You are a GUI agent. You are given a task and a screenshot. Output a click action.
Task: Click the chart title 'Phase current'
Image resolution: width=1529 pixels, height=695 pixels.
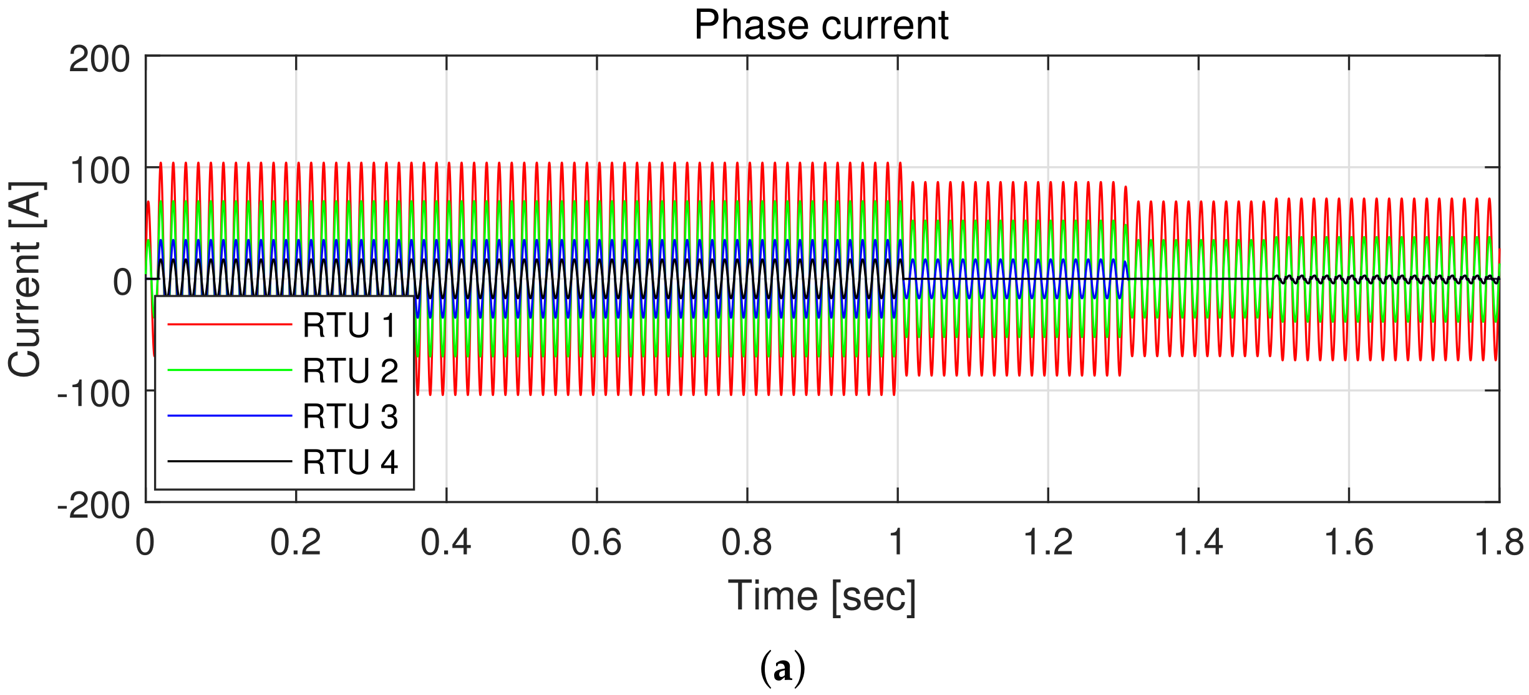[821, 26]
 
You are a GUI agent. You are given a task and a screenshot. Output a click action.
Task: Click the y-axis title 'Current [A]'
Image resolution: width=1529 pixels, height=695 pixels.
[26, 279]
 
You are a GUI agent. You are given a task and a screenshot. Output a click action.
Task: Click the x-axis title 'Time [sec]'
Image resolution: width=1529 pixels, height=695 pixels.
[822, 596]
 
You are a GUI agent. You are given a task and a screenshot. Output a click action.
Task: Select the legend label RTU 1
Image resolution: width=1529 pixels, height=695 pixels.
[349, 325]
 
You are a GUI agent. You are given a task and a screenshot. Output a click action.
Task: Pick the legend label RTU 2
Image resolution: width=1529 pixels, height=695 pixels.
[350, 371]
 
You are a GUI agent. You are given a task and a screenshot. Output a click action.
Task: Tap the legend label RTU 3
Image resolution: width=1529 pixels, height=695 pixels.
[350, 417]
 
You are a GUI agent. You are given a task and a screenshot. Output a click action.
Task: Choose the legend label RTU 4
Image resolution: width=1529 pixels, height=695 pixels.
[350, 462]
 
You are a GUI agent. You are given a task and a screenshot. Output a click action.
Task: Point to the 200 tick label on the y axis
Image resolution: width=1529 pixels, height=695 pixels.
[99, 60]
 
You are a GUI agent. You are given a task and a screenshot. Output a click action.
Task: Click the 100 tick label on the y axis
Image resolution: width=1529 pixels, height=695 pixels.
[99, 170]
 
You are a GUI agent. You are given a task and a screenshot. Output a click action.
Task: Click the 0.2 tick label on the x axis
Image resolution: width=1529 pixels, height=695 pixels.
[296, 542]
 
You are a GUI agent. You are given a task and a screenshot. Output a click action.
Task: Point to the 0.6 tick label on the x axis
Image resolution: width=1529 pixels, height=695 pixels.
[596, 542]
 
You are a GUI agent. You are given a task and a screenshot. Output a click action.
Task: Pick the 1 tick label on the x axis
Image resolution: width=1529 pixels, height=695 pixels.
[897, 542]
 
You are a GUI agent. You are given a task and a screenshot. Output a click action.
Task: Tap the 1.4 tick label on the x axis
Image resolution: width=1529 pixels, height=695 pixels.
[1198, 542]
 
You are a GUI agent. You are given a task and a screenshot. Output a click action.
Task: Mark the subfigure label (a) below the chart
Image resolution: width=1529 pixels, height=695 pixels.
[783, 669]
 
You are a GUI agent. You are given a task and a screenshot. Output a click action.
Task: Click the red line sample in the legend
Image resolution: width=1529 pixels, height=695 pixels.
[230, 325]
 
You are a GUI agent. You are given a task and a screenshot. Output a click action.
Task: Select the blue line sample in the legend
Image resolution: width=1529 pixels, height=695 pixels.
[230, 416]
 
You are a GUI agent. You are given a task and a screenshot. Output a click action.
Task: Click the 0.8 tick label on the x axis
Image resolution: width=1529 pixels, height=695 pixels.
[747, 542]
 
